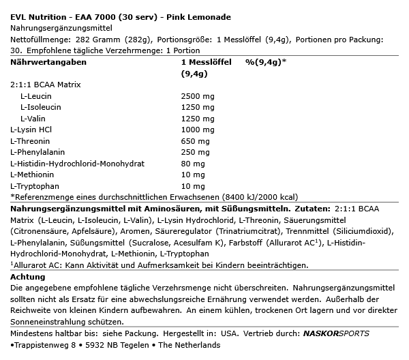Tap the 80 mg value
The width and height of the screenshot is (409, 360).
pyautogui.click(x=192, y=163)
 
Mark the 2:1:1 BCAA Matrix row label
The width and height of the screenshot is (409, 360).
pyautogui.click(x=46, y=85)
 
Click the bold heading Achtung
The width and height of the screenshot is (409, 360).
pyautogui.click(x=29, y=277)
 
